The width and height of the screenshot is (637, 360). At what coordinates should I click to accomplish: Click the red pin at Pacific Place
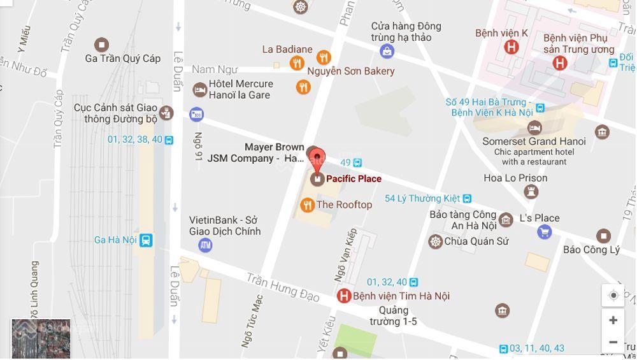coord(317,157)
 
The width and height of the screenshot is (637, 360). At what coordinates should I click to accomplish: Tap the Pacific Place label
coord(354,179)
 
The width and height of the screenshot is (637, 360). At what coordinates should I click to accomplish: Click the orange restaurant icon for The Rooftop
coord(308,205)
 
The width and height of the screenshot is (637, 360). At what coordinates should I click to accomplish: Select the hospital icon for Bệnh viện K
coord(511,47)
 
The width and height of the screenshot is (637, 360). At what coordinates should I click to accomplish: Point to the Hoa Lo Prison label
coord(515,178)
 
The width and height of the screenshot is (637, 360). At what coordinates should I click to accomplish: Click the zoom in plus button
coord(613,320)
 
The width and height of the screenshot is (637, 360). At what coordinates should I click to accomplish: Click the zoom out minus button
coord(613,342)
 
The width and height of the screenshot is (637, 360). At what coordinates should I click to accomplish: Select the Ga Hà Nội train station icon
coord(147,240)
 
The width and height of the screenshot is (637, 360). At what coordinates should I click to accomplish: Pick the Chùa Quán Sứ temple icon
coord(435,241)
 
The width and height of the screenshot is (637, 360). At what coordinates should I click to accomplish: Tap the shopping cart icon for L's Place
coord(544,232)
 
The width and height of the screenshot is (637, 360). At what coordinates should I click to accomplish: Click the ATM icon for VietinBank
coord(205,245)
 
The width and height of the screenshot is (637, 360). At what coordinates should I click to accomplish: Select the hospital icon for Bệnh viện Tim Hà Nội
coord(344,296)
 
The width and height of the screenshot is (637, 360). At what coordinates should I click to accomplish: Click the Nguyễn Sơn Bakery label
coord(351,71)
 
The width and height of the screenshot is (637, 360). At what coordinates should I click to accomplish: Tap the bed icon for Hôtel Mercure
coord(200,90)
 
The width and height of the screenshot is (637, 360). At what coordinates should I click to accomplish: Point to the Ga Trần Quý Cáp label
coord(123,59)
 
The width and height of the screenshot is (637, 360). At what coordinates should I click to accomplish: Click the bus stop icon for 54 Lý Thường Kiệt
coord(468,199)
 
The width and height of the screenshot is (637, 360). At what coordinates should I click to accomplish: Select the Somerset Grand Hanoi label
coord(534,141)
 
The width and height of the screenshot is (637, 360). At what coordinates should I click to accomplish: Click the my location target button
coord(613,295)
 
